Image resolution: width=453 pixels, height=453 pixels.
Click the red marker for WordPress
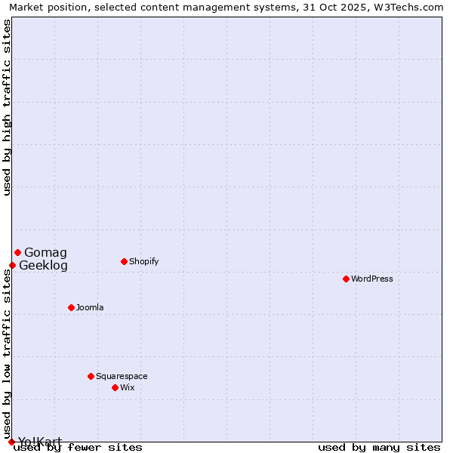click(x=346, y=279)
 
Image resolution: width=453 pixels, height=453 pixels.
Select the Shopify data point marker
click(x=124, y=261)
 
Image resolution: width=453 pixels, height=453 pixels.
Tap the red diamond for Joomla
click(x=71, y=307)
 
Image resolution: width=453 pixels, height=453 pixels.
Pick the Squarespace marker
click(x=91, y=376)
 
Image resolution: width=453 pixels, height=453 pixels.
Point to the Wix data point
click(x=115, y=387)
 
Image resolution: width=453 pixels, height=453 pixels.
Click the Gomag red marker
click(x=17, y=252)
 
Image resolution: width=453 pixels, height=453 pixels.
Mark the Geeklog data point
click(x=12, y=265)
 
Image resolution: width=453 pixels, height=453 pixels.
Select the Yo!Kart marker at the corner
click(x=11, y=442)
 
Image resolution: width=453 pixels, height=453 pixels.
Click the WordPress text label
click(x=372, y=279)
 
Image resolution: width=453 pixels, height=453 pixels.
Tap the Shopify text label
click(x=143, y=261)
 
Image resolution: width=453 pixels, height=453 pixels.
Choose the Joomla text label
click(x=90, y=307)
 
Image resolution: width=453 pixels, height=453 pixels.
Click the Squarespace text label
click(x=122, y=376)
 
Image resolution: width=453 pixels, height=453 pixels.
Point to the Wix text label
click(x=127, y=387)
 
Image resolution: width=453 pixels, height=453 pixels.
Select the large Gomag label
click(x=45, y=252)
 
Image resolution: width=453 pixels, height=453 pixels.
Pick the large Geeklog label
click(x=43, y=265)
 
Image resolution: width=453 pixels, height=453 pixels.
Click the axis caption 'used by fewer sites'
click(x=78, y=447)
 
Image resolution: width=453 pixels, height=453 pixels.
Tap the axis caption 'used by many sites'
click(x=379, y=447)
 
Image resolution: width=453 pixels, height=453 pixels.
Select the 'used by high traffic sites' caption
click(x=8, y=106)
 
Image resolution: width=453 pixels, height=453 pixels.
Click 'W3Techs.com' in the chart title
click(x=409, y=7)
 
